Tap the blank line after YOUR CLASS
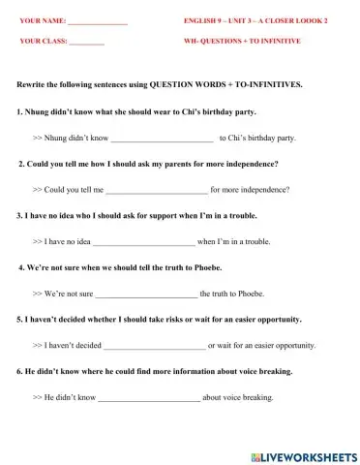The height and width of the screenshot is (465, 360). tap(86, 44)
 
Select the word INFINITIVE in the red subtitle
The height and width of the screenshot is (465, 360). tap(278, 43)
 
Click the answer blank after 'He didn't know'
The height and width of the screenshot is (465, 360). tap(149, 397)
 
